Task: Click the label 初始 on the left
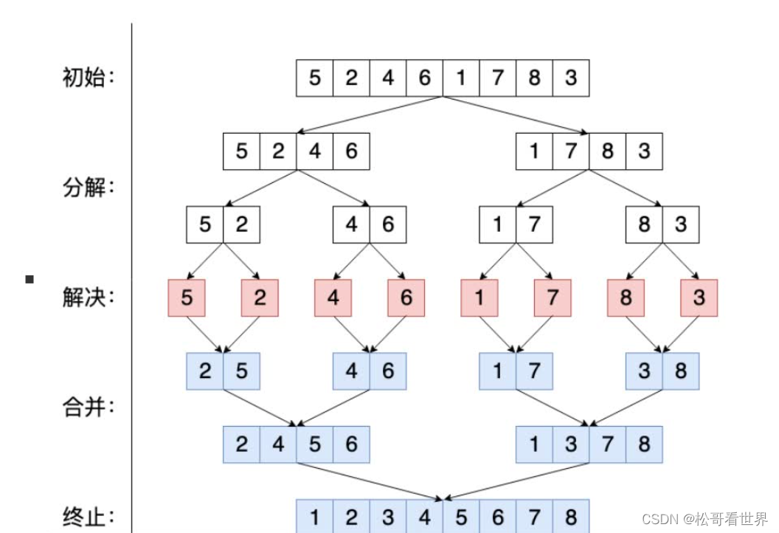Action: pyautogui.click(x=89, y=78)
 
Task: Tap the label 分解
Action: pyautogui.click(x=89, y=188)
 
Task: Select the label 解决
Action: pyautogui.click(x=89, y=298)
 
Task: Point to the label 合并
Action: pyautogui.click(x=89, y=407)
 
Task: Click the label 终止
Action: pyautogui.click(x=89, y=516)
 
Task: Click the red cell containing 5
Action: pyautogui.click(x=187, y=298)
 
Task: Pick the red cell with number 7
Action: pyautogui.click(x=553, y=298)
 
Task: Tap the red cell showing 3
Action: pyautogui.click(x=699, y=298)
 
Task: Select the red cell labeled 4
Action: pyautogui.click(x=333, y=298)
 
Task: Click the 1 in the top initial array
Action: pyautogui.click(x=461, y=78)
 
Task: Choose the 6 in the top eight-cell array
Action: pyautogui.click(x=424, y=78)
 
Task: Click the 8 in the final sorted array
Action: pyautogui.click(x=570, y=517)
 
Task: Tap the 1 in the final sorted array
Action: pyautogui.click(x=315, y=517)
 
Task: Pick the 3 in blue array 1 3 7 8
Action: pyautogui.click(x=570, y=444)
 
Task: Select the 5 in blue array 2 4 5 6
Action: pyautogui.click(x=315, y=444)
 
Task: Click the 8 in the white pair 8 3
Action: pyautogui.click(x=644, y=224)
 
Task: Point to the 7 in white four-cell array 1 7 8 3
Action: pyautogui.click(x=570, y=151)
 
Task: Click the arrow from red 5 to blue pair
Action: pyautogui.click(x=205, y=334)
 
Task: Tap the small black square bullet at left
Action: pyautogui.click(x=30, y=279)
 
